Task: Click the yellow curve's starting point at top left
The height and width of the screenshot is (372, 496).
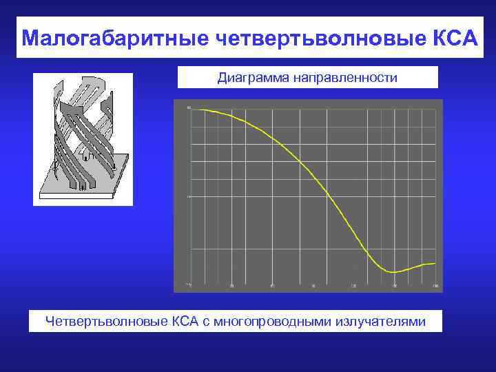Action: (x=192, y=110)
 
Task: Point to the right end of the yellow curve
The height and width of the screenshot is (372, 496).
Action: (x=435, y=263)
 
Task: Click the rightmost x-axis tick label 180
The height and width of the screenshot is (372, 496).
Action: (x=435, y=286)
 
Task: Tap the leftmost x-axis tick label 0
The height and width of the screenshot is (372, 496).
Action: (x=191, y=286)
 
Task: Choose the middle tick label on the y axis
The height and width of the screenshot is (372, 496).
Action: (x=188, y=196)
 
